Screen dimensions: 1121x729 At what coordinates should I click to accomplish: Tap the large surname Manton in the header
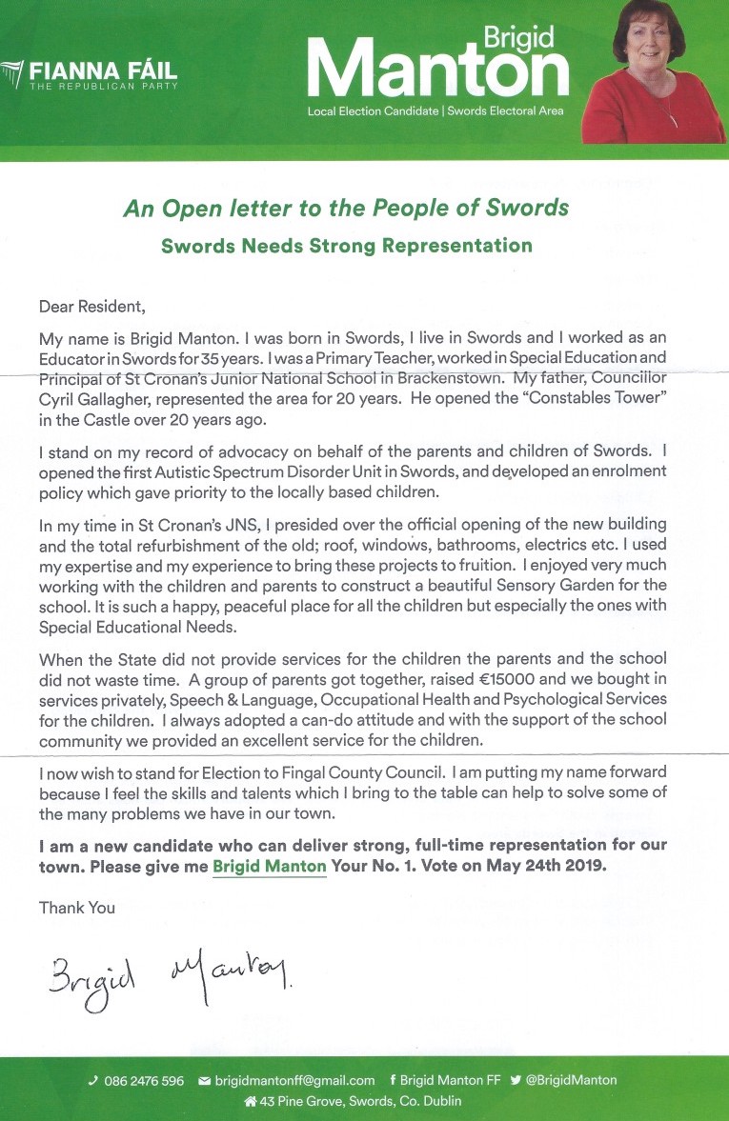click(x=437, y=70)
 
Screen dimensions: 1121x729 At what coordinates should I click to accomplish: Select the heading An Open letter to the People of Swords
click(x=346, y=209)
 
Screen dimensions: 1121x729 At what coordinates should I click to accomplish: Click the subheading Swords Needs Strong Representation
click(x=347, y=246)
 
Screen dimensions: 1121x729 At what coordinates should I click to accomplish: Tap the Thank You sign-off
click(x=77, y=908)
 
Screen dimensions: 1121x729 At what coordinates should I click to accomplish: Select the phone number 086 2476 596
click(x=141, y=1080)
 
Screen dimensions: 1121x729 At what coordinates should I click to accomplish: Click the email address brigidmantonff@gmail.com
click(x=294, y=1080)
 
